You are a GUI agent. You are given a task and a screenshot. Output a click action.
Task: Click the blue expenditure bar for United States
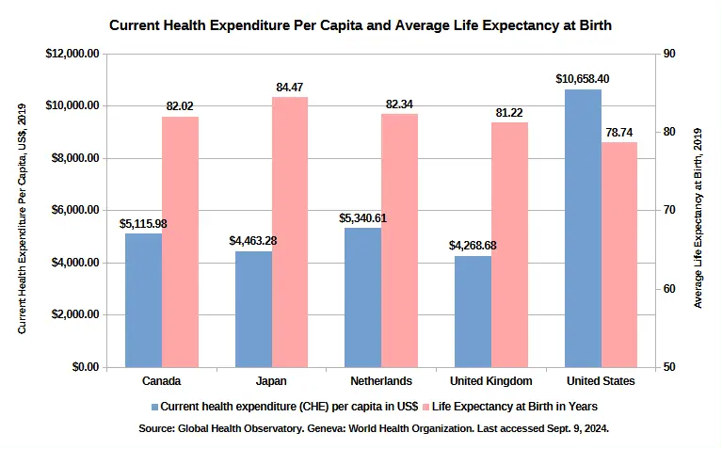[x=583, y=228]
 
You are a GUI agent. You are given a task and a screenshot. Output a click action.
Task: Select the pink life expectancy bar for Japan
[x=290, y=232]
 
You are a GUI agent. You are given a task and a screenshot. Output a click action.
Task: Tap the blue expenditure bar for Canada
[x=143, y=299]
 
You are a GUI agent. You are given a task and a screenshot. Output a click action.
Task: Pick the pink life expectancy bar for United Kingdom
[x=509, y=244]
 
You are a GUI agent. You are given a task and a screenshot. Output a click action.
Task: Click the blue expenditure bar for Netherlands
[x=362, y=297]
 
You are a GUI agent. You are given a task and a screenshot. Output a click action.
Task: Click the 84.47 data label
[x=290, y=88]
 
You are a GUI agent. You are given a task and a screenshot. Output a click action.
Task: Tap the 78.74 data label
[x=619, y=133]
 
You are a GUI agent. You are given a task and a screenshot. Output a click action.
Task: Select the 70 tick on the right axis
[x=668, y=210]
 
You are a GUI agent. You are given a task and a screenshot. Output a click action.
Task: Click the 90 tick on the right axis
[x=668, y=54]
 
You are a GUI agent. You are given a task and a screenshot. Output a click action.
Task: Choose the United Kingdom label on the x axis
[x=491, y=381]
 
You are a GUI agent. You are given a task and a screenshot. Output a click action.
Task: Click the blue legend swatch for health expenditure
[x=154, y=407]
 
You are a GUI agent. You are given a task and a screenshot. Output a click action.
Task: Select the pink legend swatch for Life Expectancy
[x=425, y=407]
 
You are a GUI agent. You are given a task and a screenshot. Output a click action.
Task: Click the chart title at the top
[x=361, y=25]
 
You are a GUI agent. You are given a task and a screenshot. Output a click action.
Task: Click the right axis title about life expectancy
[x=698, y=210]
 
